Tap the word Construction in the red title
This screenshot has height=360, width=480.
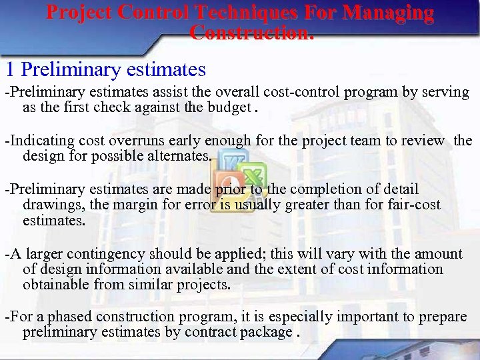pos(250,32)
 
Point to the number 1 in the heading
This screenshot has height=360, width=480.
pos(9,69)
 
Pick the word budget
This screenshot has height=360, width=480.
pos(229,108)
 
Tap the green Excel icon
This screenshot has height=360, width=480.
pos(251,176)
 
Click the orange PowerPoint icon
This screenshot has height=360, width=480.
pos(227,184)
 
